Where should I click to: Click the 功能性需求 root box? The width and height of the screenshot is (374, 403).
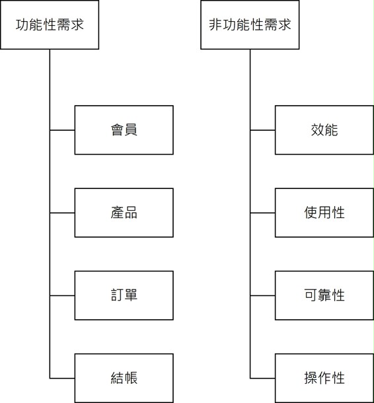[50, 24]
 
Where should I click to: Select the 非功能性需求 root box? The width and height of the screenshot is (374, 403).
[250, 24]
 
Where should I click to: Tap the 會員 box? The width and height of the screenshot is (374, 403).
[124, 130]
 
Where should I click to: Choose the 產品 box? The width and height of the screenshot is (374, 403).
[124, 213]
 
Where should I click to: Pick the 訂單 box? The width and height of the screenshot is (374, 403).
[124, 295]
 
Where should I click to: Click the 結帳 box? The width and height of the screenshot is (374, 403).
[124, 378]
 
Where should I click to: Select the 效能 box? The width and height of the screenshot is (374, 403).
[324, 130]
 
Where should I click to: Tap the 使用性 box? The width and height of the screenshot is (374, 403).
[324, 213]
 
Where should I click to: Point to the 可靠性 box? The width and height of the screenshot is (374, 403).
[324, 295]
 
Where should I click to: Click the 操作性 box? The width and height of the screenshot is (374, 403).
[324, 378]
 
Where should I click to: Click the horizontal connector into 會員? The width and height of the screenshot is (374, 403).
[62, 130]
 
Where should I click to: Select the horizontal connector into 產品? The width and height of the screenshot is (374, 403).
[62, 213]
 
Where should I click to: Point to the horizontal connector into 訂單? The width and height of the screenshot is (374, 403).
[62, 295]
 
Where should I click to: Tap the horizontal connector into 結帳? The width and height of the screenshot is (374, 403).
[62, 379]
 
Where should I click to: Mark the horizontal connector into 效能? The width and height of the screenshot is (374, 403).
[263, 130]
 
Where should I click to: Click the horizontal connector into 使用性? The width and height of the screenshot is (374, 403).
[263, 213]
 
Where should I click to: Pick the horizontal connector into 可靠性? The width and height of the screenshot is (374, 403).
[263, 295]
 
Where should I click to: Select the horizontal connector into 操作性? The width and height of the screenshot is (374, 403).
[263, 379]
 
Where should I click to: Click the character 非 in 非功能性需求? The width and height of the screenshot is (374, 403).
[215, 24]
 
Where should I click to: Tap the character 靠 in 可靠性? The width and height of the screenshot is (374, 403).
[324, 295]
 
